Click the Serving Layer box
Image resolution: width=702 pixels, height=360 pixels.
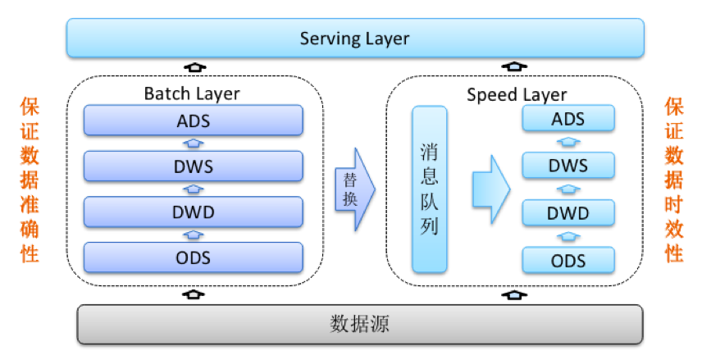354,39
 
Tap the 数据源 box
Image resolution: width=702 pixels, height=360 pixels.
359,324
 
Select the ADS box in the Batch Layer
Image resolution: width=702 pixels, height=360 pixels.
194,121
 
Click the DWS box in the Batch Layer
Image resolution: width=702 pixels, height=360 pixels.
194,166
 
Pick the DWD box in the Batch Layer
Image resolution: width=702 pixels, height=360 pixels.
194,212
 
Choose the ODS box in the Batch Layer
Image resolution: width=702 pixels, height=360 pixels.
194,257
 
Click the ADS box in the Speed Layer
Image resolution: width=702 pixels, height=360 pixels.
568,119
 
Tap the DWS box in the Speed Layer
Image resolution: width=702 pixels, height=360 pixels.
568,166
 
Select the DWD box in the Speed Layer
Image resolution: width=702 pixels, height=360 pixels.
568,213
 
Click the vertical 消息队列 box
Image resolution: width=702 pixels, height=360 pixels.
430,189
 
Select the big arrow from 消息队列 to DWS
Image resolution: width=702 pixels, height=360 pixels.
490,189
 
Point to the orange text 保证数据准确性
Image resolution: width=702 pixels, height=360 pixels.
30,180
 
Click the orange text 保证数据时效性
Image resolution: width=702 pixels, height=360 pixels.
674,180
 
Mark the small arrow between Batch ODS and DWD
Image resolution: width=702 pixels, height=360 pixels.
194,235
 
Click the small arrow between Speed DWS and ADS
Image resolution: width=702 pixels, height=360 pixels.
568,142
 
